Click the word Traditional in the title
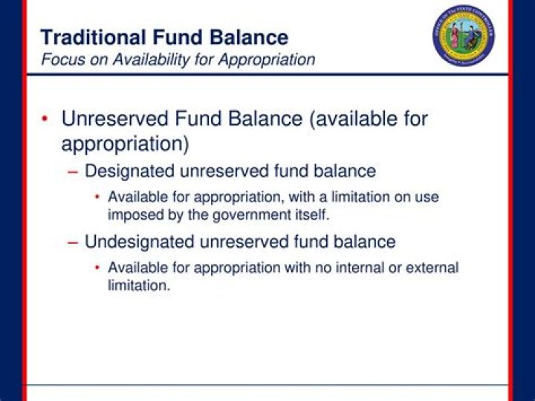pyautogui.click(x=88, y=37)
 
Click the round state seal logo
pyautogui.click(x=464, y=36)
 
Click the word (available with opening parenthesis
pyautogui.click(x=348, y=119)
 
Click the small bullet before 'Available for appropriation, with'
pyautogui.click(x=97, y=198)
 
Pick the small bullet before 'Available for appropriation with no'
pyautogui.click(x=97, y=268)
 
